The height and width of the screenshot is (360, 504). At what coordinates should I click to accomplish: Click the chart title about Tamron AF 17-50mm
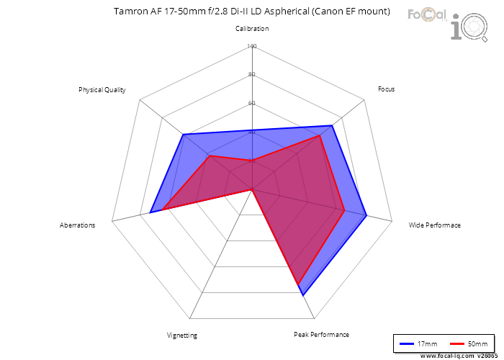tap(252, 12)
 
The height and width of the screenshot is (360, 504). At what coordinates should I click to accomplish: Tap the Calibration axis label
tap(252, 29)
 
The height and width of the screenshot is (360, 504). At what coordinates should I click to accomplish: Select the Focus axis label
tap(386, 89)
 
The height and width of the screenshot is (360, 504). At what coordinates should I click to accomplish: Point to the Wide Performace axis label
tap(434, 225)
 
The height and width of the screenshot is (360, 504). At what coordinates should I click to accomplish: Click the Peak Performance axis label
tap(321, 335)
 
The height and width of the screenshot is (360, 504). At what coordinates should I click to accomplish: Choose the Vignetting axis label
tap(181, 336)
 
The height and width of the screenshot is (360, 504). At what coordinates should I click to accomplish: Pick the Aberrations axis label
tap(77, 225)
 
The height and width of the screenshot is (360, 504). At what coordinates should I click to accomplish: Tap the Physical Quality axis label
tap(102, 90)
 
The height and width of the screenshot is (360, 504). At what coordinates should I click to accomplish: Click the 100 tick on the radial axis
tap(252, 47)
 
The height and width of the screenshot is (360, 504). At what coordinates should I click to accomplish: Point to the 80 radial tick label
tap(252, 75)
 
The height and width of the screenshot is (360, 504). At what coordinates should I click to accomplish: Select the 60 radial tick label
tap(252, 103)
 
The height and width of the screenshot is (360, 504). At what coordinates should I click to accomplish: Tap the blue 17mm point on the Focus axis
tap(333, 126)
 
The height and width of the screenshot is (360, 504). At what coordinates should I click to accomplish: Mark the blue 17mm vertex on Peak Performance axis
tap(303, 294)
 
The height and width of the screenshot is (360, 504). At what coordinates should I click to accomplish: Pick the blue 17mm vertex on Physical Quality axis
tap(183, 135)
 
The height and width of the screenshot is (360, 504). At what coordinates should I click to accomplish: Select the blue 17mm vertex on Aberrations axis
tap(151, 212)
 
